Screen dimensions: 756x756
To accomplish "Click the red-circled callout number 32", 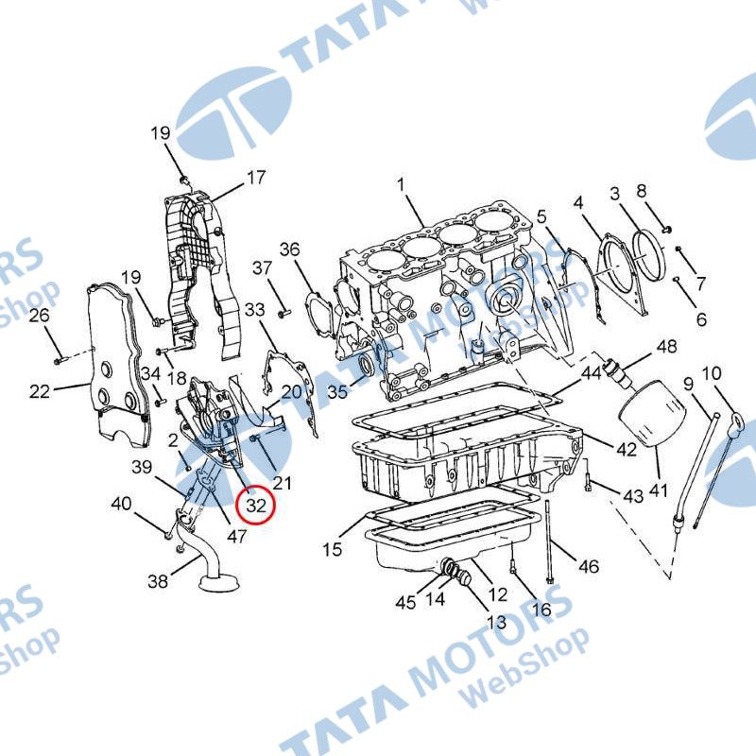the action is tap(256, 506).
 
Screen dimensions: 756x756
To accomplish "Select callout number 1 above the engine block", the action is tap(401, 184).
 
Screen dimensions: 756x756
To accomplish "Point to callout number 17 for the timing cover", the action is tap(256, 178).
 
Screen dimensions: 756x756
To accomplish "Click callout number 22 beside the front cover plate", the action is tap(40, 391).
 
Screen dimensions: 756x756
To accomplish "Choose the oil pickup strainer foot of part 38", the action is tap(219, 581).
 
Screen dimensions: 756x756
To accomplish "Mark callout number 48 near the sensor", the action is tap(667, 346).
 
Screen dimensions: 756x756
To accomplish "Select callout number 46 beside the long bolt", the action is tap(588, 566).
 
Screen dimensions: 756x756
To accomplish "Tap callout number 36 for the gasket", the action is tap(289, 249).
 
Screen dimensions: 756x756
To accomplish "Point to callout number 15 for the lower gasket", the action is tap(332, 549).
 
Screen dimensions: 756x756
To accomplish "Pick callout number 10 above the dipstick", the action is tap(712, 372).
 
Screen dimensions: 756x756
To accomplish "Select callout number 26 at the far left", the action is tap(39, 316).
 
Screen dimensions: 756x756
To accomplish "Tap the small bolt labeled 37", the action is tap(283, 314).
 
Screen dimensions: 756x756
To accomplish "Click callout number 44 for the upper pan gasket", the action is tap(592, 372).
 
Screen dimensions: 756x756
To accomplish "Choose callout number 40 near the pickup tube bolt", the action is tap(121, 504).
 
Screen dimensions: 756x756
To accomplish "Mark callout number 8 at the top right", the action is tap(641, 191).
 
